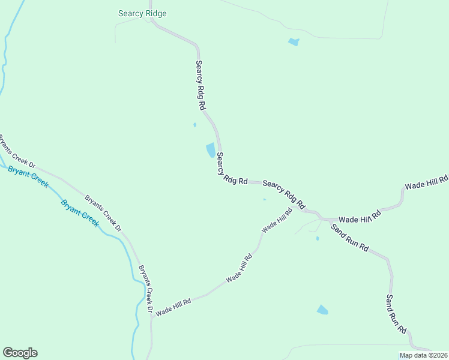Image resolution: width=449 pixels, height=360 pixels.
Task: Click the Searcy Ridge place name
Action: pyautogui.click(x=142, y=13)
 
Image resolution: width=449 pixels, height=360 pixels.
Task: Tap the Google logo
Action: pyautogui.click(x=20, y=353)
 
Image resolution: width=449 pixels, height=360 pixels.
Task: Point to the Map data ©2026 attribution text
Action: pyautogui.click(x=423, y=355)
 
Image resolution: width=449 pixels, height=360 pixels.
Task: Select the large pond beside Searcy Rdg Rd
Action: pyautogui.click(x=211, y=150)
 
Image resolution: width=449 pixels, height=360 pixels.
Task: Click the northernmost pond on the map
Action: pyautogui.click(x=294, y=42)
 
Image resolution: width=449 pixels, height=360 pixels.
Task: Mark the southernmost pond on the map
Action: pyautogui.click(x=322, y=310)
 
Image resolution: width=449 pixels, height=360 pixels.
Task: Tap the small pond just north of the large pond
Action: pyautogui.click(x=194, y=125)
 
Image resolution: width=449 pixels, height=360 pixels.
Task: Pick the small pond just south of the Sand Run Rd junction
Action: pyautogui.click(x=317, y=238)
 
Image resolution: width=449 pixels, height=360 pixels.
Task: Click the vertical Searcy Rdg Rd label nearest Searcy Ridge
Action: pyautogui.click(x=201, y=85)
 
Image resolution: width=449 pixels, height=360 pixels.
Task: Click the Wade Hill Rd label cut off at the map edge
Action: pyautogui.click(x=427, y=182)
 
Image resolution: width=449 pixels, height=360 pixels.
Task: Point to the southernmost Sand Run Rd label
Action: pyautogui.click(x=396, y=314)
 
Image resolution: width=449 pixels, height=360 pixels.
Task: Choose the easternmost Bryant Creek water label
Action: pyautogui.click(x=80, y=212)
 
